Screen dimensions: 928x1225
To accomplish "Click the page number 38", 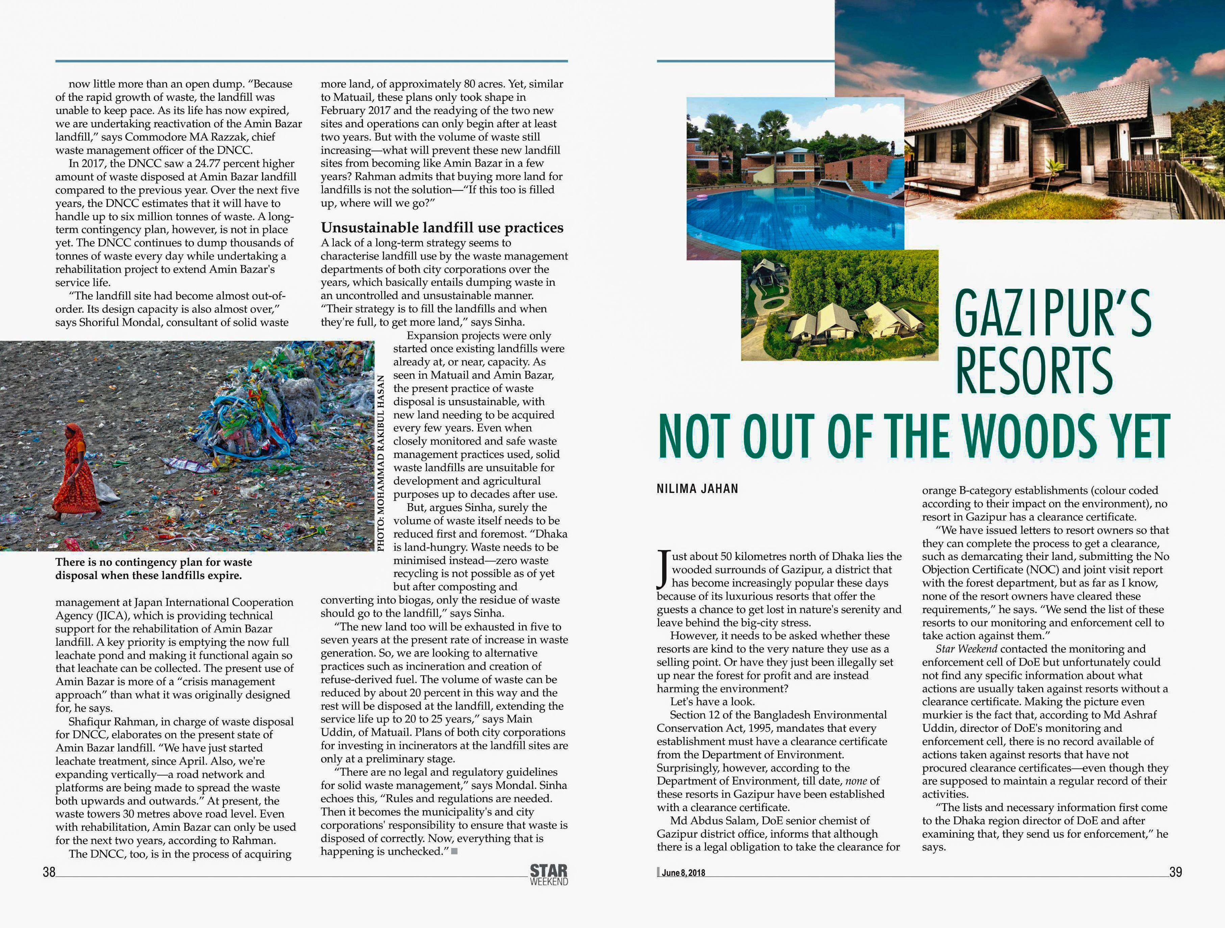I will point(49,872).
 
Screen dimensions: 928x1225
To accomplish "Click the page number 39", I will point(1175,872).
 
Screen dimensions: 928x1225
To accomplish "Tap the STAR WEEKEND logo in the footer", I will point(549,875).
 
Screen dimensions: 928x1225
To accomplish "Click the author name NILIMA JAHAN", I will point(697,489).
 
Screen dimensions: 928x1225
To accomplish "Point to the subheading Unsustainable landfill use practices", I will point(442,228).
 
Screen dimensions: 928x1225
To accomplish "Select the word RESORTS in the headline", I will point(1034,371).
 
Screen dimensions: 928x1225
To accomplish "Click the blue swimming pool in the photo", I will point(786,216).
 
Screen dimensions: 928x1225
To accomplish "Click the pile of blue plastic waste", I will point(249,415).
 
